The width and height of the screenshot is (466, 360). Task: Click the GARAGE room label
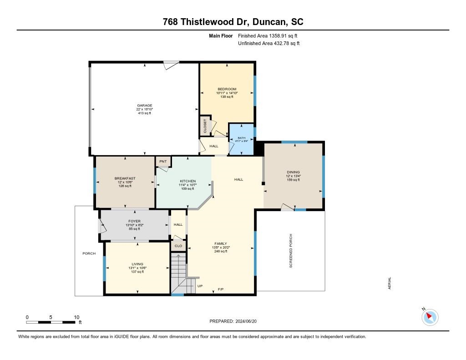[x=144, y=106]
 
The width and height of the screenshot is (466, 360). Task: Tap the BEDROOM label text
[x=227, y=89]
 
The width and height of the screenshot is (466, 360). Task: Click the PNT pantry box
[x=163, y=162]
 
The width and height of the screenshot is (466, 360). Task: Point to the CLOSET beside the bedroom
[x=205, y=126]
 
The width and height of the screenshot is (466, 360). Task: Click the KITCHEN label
[x=187, y=181]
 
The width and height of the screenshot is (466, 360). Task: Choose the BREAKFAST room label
[x=125, y=178]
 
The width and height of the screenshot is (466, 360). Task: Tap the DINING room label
[x=293, y=172]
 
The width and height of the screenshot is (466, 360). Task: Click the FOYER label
[x=134, y=221]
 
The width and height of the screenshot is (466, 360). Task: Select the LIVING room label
[x=137, y=264]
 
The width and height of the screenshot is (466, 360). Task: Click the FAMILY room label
[x=220, y=243]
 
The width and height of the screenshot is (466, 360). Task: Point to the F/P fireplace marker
[x=221, y=289]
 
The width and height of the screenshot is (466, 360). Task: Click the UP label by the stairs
[x=200, y=286]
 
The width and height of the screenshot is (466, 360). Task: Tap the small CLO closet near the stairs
[x=178, y=246]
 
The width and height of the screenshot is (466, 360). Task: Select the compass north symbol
[x=430, y=317]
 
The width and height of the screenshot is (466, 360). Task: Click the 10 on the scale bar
[x=76, y=317]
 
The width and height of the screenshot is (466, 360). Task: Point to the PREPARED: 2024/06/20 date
[x=236, y=321]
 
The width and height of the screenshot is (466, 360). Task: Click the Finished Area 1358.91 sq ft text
[x=268, y=35]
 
